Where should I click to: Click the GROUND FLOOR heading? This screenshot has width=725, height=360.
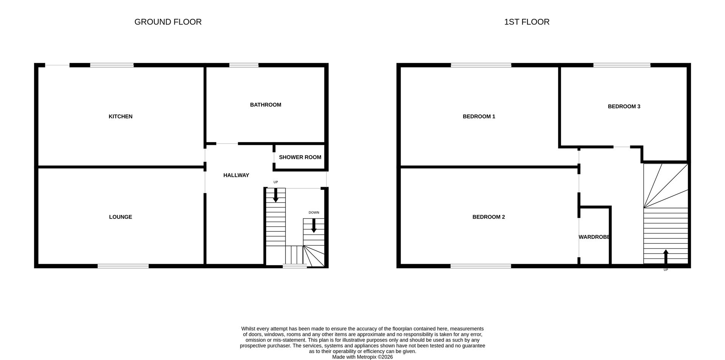(x=168, y=22)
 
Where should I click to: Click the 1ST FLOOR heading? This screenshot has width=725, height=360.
(x=527, y=22)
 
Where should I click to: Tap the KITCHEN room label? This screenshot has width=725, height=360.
(x=120, y=117)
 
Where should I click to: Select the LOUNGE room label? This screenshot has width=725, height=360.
(x=120, y=217)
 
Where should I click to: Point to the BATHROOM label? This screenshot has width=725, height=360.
(x=265, y=105)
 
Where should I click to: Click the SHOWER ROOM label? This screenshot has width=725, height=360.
(x=300, y=157)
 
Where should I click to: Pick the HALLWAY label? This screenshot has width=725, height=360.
(x=236, y=175)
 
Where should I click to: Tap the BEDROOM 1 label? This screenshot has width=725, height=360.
(x=479, y=117)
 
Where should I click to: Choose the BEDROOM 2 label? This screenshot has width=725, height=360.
(x=489, y=217)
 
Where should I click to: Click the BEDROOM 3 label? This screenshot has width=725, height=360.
(x=624, y=106)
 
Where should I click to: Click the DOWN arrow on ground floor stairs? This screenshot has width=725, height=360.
(x=314, y=226)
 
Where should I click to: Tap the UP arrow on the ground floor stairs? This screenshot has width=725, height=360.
(x=276, y=195)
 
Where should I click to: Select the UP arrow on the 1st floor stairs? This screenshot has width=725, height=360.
(x=666, y=257)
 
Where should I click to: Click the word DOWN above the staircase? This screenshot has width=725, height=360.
(x=314, y=212)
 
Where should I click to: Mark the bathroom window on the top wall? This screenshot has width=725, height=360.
(x=244, y=65)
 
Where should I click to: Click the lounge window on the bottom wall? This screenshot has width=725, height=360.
(x=123, y=266)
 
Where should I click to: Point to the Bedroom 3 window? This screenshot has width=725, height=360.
(x=622, y=65)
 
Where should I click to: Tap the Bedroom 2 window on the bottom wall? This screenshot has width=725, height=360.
(x=481, y=266)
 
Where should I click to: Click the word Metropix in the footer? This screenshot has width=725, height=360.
(x=366, y=357)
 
